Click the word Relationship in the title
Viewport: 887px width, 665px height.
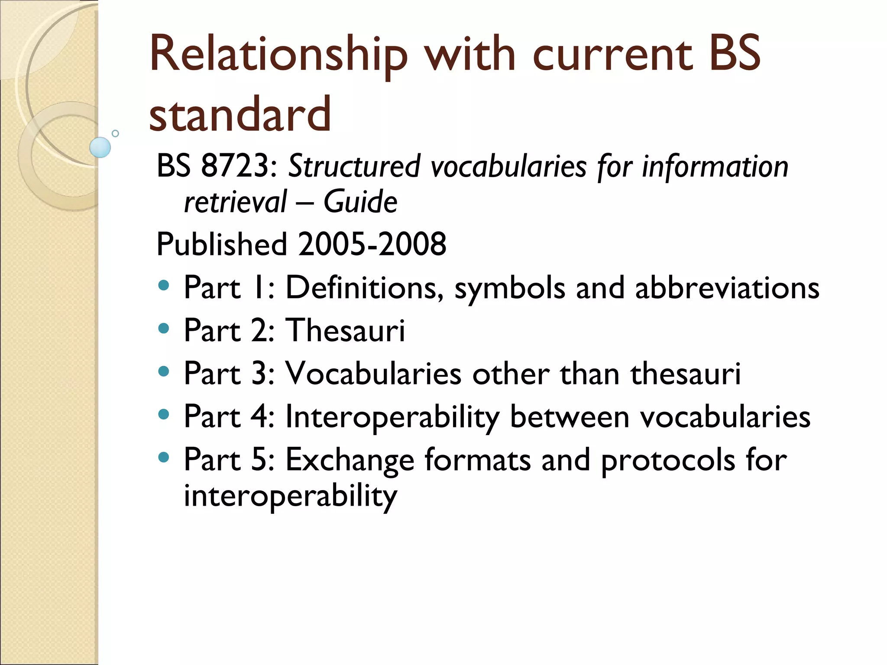pos(278,55)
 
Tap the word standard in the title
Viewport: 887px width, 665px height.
pos(240,114)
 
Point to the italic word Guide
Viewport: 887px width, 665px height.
pos(360,202)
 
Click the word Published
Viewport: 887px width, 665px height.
pos(222,244)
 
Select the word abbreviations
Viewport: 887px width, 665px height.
pos(727,287)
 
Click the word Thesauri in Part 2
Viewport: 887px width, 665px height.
pos(345,330)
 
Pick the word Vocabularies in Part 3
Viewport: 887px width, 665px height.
pos(373,373)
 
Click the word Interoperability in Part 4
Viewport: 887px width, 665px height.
pos(392,417)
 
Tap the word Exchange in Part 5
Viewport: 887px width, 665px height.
pos(350,460)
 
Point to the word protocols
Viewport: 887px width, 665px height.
pos(668,460)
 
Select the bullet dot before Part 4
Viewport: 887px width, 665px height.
pos(163,414)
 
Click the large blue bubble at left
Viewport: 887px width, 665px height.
pos(100,147)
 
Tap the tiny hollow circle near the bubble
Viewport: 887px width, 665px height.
pos(115,133)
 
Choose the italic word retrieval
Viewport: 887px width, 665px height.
pos(235,202)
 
